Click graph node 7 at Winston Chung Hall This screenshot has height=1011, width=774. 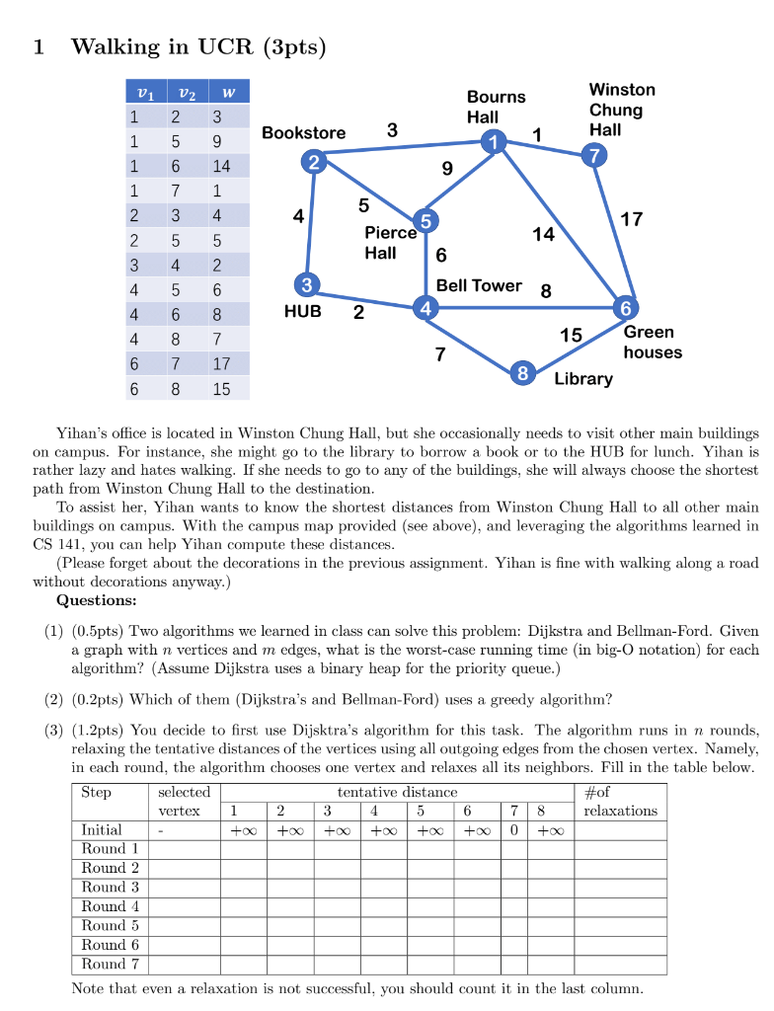592,155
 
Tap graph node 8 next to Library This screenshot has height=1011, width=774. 524,373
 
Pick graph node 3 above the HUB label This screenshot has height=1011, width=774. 307,285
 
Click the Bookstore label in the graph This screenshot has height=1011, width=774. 303,133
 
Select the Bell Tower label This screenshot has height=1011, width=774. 479,285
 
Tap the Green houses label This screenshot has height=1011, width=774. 652,342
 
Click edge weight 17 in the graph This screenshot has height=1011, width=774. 631,219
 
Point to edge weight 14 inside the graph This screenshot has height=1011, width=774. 543,234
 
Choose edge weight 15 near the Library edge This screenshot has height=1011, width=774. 571,336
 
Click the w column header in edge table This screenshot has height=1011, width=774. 228,94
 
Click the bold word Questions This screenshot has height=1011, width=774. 97,600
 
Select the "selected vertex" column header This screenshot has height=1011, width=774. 184,801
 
